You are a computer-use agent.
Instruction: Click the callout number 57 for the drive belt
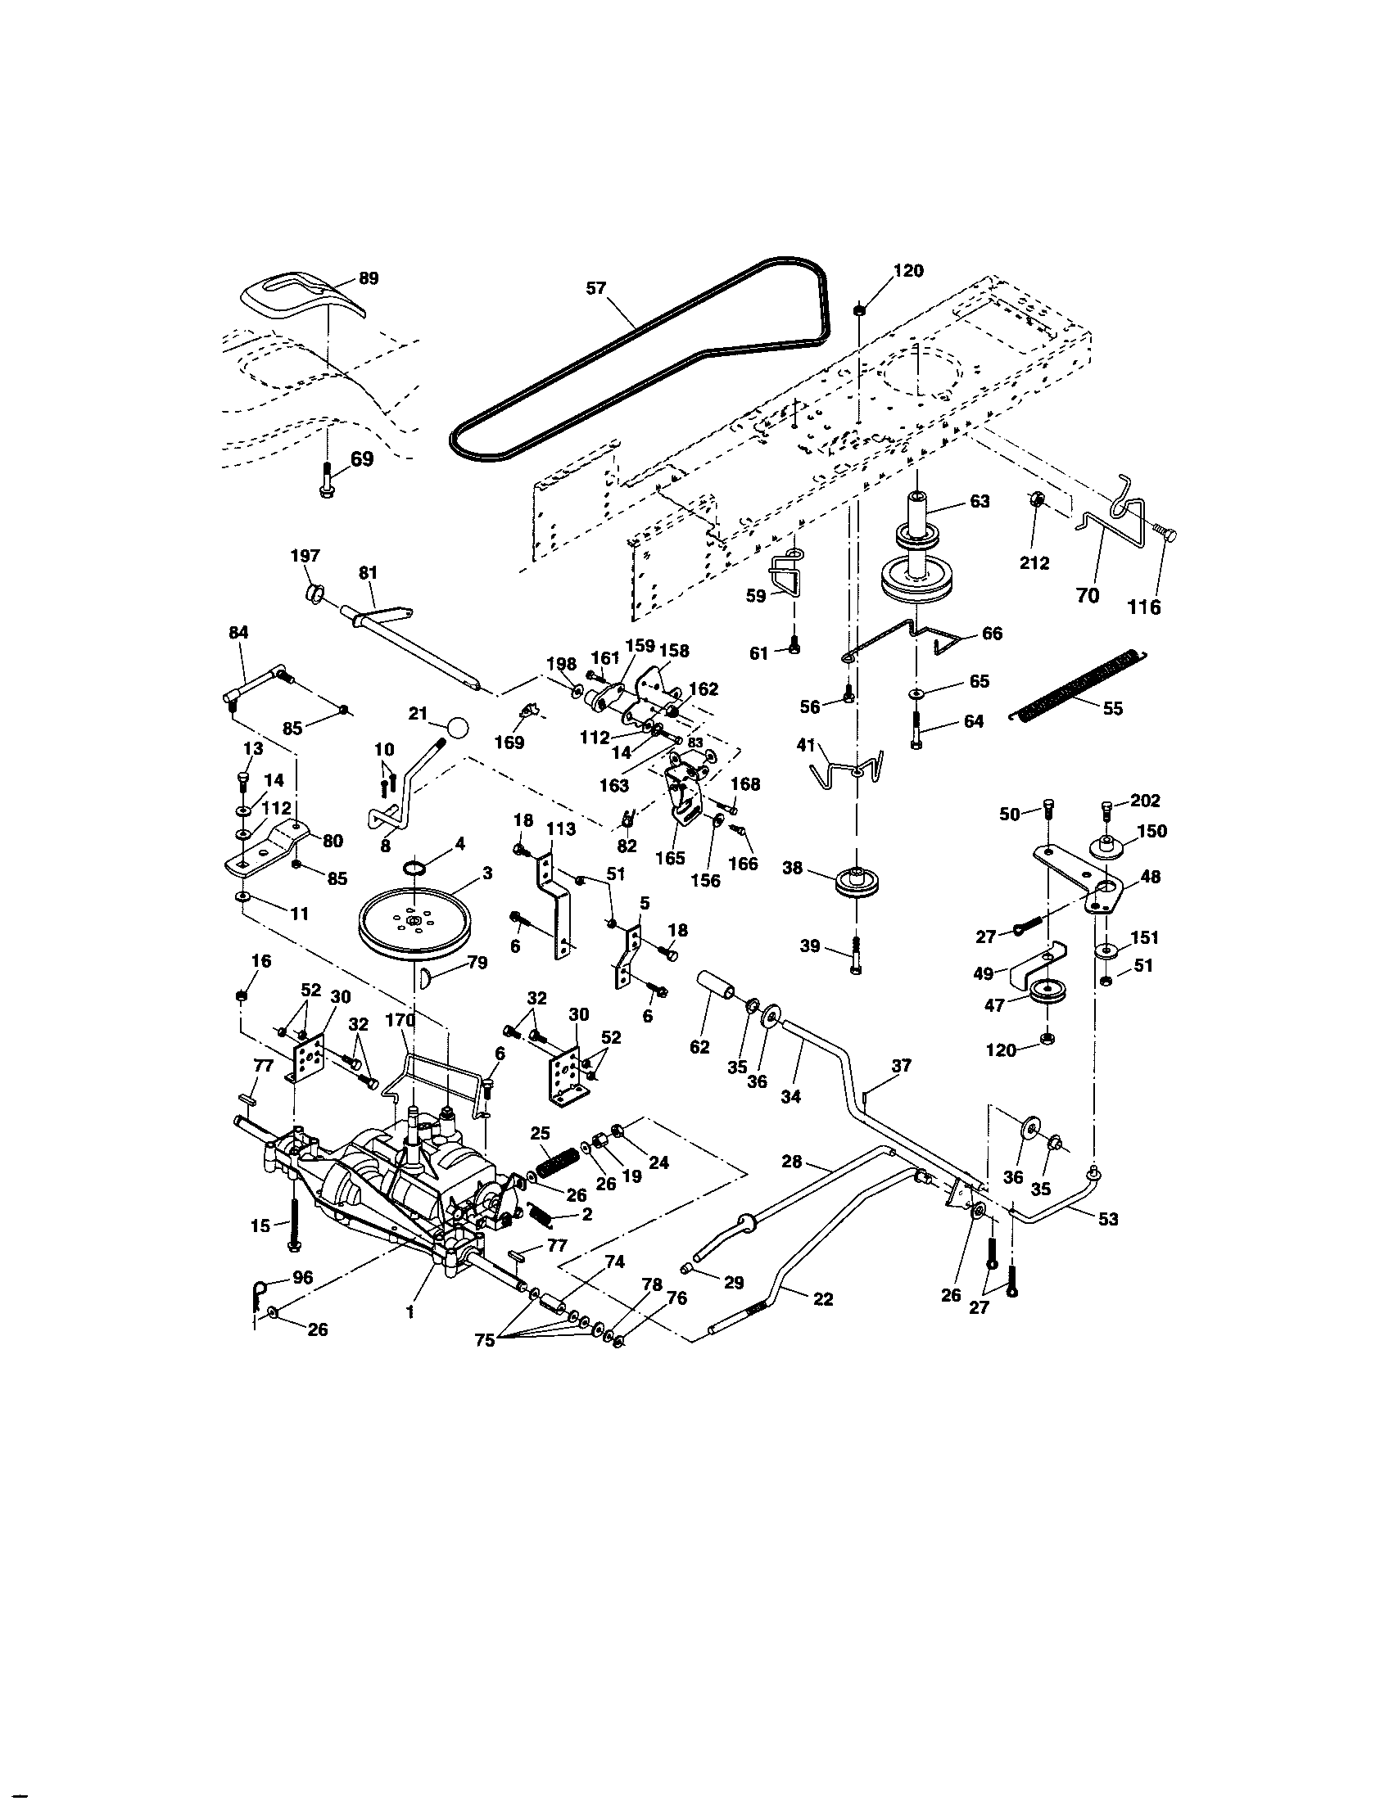595,288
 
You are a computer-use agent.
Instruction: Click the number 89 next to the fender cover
369,278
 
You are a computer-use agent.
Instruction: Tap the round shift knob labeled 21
458,728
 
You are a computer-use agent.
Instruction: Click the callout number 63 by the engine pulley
979,501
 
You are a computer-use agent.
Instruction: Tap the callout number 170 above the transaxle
400,1020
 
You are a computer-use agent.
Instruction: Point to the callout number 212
1034,563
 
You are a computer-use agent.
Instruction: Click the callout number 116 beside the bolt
1144,607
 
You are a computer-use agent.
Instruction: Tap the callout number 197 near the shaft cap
305,557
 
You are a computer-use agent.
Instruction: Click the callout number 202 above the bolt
1145,801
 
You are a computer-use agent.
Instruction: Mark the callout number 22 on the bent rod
822,1299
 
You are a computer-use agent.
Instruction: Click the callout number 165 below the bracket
670,858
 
